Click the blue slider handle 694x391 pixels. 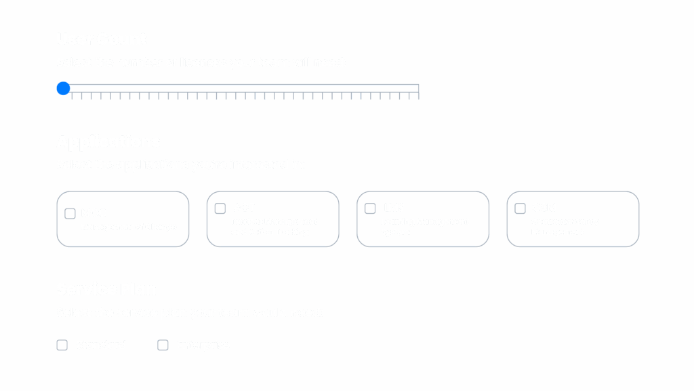(63, 88)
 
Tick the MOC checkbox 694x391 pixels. (70, 214)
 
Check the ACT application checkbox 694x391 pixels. (220, 208)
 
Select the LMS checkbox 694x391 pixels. (370, 208)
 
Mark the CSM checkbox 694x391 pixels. (520, 208)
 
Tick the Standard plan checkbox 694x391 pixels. (62, 346)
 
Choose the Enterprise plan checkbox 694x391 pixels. (163, 346)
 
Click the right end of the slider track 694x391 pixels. (417, 86)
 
